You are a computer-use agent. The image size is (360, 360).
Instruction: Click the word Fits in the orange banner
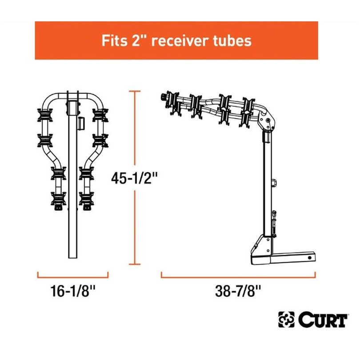pos(114,40)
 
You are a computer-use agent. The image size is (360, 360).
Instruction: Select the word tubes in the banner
pos(232,40)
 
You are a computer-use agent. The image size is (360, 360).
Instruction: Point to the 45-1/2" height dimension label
pos(135,178)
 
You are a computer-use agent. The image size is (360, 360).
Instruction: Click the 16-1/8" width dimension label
pos(72,291)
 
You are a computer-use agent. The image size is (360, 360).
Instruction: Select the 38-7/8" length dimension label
pos(238,291)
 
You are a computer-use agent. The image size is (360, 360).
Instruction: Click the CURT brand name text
pos(323,320)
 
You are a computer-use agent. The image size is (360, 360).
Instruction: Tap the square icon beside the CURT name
pos(286,320)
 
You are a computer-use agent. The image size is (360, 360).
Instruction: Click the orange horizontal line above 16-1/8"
pos(72,277)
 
